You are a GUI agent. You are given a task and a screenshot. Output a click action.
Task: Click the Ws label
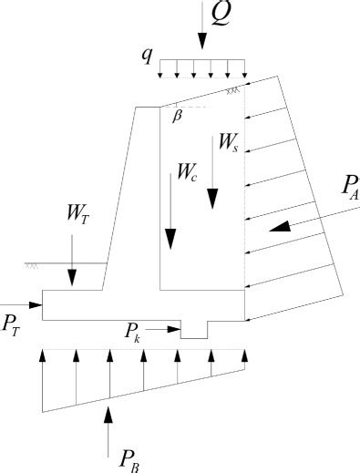229,142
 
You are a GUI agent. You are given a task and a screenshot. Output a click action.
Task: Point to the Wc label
188,170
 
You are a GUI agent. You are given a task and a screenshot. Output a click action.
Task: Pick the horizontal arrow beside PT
22,303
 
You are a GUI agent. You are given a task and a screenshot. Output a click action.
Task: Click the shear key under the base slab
194,329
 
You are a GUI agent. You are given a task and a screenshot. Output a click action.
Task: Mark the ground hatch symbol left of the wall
33,265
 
